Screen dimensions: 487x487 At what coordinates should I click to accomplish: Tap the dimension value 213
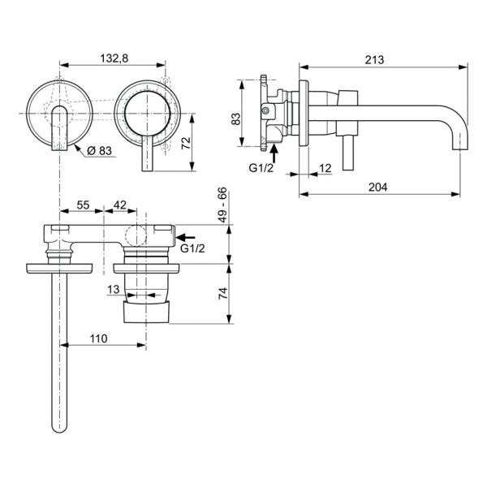coord(374,59)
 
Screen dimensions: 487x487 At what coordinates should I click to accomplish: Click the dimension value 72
coord(184,142)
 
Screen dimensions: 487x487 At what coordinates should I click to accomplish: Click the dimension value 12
coord(325,168)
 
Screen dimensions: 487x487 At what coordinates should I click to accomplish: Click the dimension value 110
coord(99,337)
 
